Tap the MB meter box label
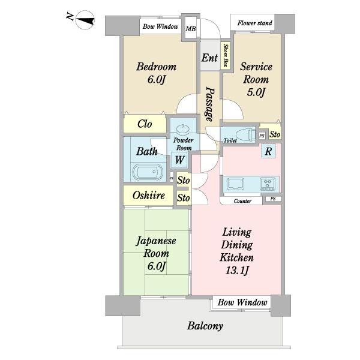tap(191, 29)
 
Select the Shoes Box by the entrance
tap(226, 56)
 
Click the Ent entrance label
tap(209, 58)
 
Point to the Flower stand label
tap(254, 23)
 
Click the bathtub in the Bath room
tap(148, 172)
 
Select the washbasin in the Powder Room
tap(183, 129)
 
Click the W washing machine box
tap(179, 160)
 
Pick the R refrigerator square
tap(268, 151)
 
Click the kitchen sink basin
tap(235, 184)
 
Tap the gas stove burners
tap(268, 184)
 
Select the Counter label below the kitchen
tap(242, 201)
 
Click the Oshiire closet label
tap(149, 196)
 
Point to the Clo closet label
tap(145, 124)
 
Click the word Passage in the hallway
tap(209, 104)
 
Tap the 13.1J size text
tap(237, 270)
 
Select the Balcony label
tap(205, 326)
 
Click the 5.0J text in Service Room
tap(256, 92)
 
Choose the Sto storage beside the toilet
tap(275, 134)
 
